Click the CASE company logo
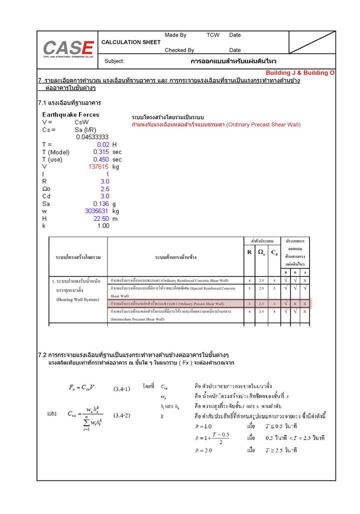click(68, 48)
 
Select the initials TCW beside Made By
click(213, 35)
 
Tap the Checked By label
click(179, 50)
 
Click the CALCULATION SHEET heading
click(131, 42)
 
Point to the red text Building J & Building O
click(300, 73)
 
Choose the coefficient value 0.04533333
click(92, 137)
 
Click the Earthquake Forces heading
click(70, 114)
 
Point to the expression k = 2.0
click(203, 450)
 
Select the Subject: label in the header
click(114, 61)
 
